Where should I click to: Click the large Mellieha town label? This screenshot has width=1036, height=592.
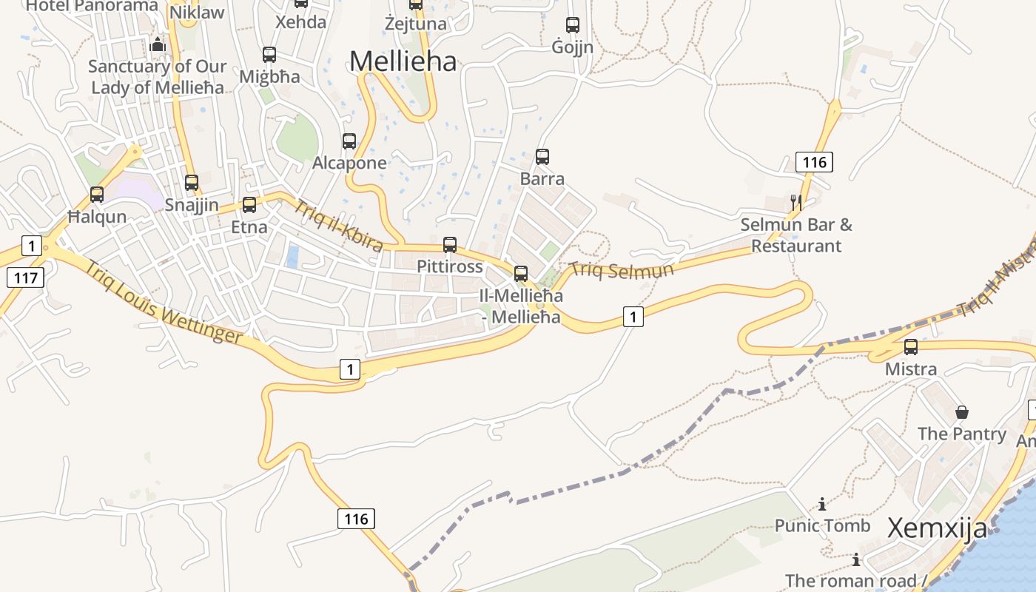coord(403,61)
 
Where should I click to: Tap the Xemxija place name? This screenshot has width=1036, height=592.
coord(937,528)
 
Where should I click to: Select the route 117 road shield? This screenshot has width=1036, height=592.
coord(26,277)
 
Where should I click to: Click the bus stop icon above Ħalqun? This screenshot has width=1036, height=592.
coord(97,195)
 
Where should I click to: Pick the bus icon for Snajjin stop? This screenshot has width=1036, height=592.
coord(192,182)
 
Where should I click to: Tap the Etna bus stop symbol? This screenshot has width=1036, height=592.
coord(249,204)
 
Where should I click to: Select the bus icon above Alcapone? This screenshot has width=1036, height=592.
coord(349,141)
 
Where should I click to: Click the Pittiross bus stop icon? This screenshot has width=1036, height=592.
coord(450,244)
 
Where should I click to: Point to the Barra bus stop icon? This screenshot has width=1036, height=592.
coord(542,157)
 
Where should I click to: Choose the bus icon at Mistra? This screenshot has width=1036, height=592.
coord(911,346)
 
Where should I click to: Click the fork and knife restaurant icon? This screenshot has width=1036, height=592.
coord(796,202)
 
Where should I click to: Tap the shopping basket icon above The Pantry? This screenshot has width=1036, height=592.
coord(962,412)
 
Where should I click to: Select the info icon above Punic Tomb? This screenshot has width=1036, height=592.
coord(822,504)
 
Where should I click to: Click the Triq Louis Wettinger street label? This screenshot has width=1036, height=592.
coord(163,302)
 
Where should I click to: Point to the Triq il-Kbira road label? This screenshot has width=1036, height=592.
coord(339,225)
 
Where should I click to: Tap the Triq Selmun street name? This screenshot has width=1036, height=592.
coord(622,269)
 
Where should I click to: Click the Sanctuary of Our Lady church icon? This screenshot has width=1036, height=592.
coord(157,45)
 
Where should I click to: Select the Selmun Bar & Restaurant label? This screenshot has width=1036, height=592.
coord(796,235)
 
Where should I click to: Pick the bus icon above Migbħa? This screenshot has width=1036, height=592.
coord(269,54)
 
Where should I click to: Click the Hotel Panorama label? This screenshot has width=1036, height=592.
coord(92,6)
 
